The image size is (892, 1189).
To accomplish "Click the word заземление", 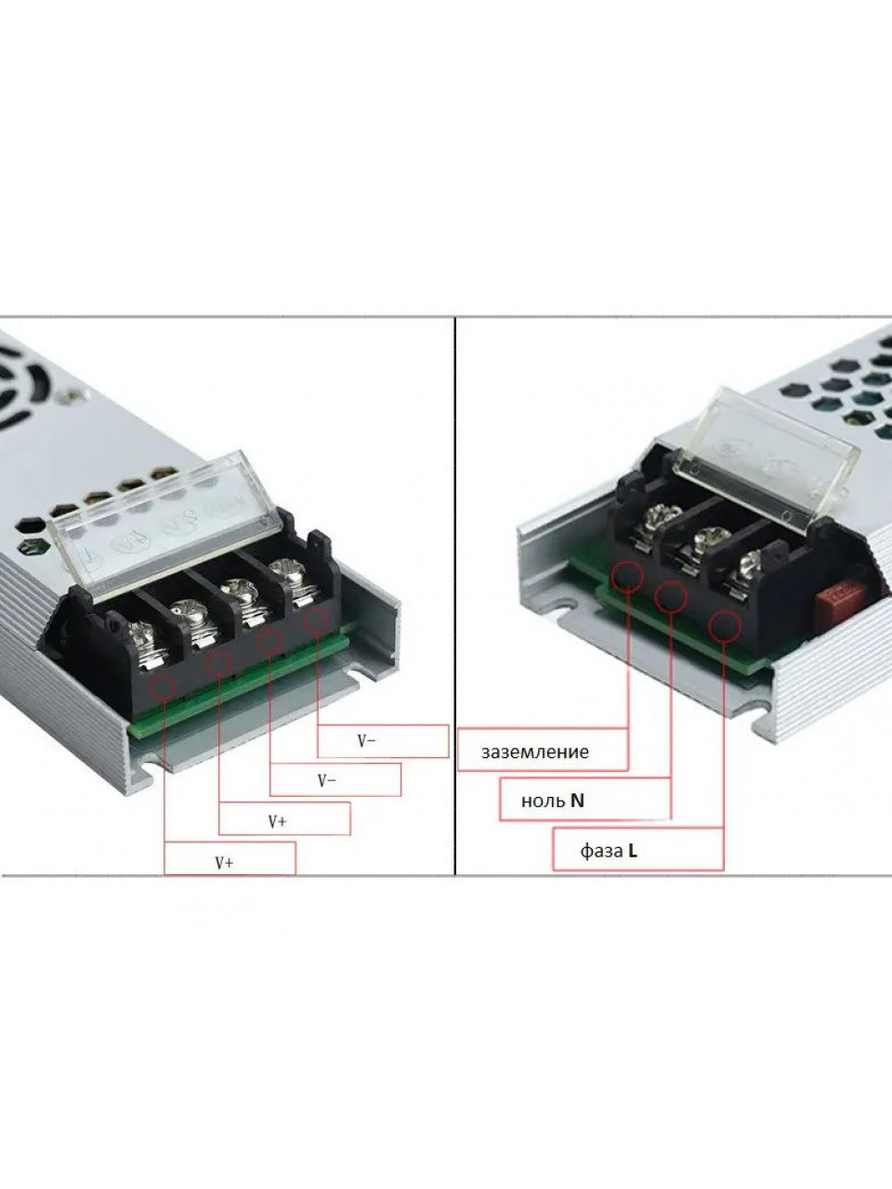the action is (x=534, y=751).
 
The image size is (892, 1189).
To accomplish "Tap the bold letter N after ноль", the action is (x=577, y=800).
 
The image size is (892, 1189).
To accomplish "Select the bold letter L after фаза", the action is (x=633, y=851).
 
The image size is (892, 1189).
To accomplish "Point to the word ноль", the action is (x=544, y=801).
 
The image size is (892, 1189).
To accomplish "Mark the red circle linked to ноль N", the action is (x=671, y=597).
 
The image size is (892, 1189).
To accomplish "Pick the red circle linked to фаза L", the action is (x=725, y=626).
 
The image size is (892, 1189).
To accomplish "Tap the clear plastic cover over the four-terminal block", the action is (x=165, y=520).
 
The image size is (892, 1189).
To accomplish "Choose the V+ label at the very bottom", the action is (x=224, y=862).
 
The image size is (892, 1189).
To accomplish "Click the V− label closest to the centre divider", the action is (x=367, y=741).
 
